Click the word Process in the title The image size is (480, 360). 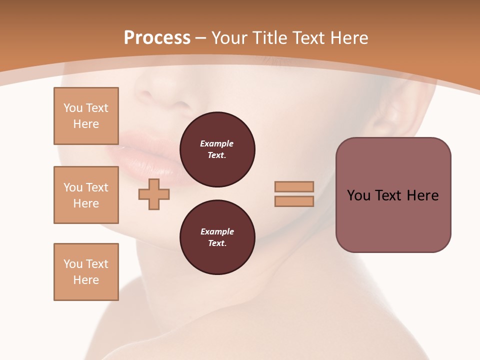click(157, 38)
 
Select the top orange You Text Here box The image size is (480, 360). click(86, 116)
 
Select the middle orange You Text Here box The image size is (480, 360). click(86, 195)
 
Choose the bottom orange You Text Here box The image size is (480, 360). click(86, 272)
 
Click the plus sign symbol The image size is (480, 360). click(154, 194)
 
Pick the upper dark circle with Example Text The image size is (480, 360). click(217, 149)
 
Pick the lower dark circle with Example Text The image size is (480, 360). click(217, 237)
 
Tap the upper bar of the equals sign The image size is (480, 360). click(294, 186)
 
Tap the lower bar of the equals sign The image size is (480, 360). click(294, 201)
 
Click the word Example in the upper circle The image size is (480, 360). click(217, 143)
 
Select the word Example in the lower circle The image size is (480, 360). click(217, 231)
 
